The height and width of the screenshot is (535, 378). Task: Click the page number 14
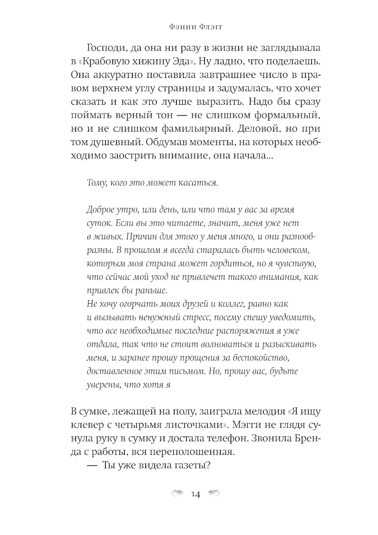coord(196,494)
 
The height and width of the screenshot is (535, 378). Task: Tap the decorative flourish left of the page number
coord(178,494)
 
